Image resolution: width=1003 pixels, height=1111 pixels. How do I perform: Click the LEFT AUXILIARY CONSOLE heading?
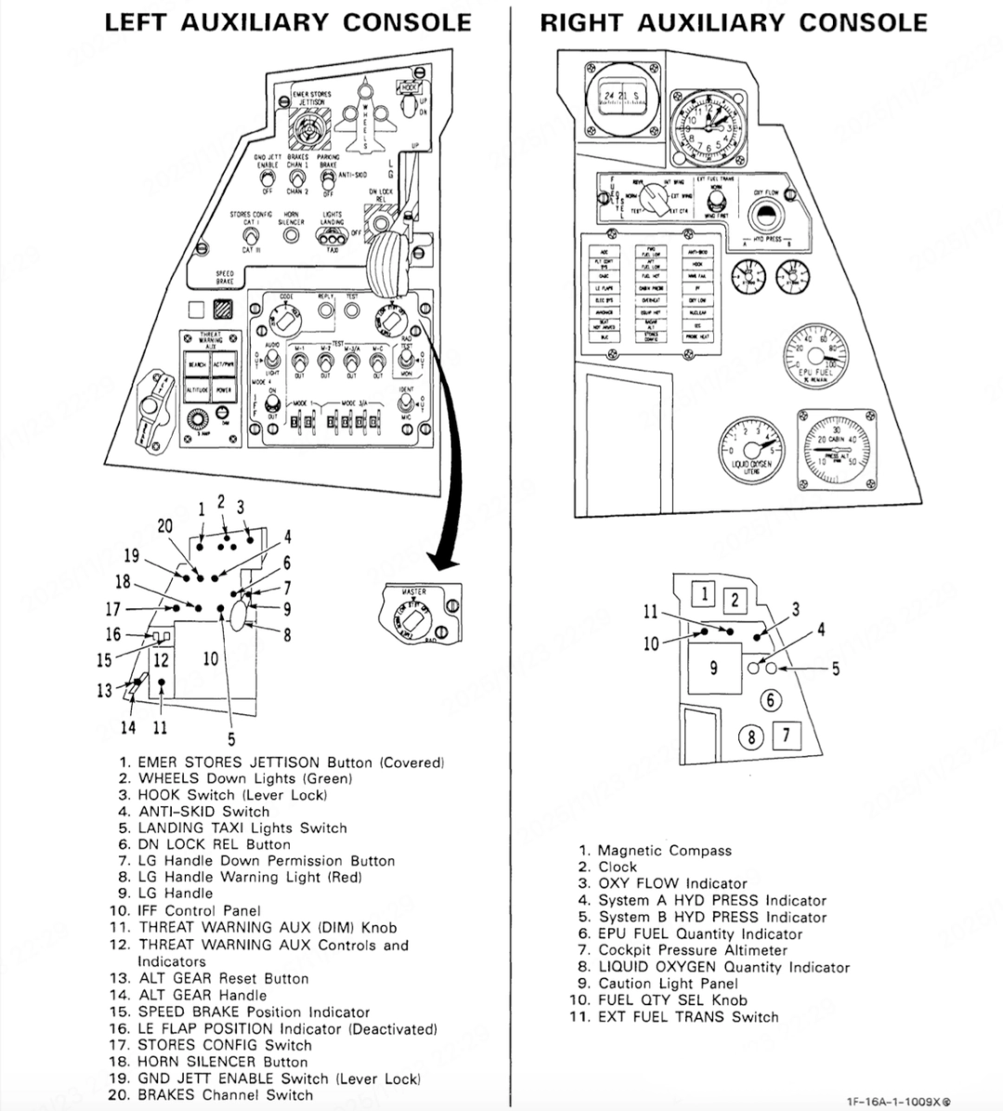pyautogui.click(x=288, y=22)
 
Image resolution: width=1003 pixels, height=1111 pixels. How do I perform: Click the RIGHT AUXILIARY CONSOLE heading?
pyautogui.click(x=734, y=22)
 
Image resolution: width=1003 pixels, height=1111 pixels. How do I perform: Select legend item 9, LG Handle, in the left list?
pyautogui.click(x=176, y=894)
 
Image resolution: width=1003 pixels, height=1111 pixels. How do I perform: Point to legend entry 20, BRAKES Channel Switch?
pyautogui.click(x=225, y=1095)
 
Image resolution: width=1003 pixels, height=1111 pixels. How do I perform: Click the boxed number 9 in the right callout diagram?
pyautogui.click(x=713, y=667)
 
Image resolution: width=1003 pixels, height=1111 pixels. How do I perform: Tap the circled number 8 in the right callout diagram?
pyautogui.click(x=750, y=738)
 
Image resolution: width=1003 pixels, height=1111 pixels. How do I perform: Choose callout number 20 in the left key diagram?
pyautogui.click(x=164, y=526)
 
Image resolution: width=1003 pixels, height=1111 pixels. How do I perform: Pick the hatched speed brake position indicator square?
pyautogui.click(x=222, y=311)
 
